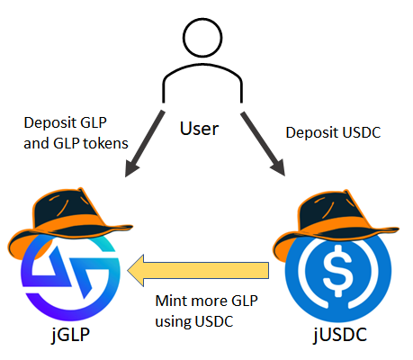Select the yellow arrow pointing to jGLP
coord(197,268)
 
